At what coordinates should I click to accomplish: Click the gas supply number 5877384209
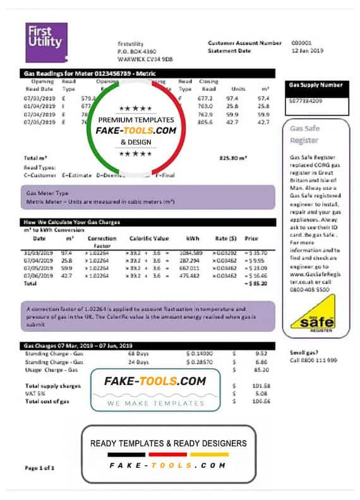pos(306,100)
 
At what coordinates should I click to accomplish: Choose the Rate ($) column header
pos(224,238)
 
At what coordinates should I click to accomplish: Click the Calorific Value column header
pos(149,238)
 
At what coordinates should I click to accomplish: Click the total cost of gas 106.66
pos(261,401)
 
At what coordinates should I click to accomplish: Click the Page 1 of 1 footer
pos(39,468)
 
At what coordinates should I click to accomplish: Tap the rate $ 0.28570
pos(198,362)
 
